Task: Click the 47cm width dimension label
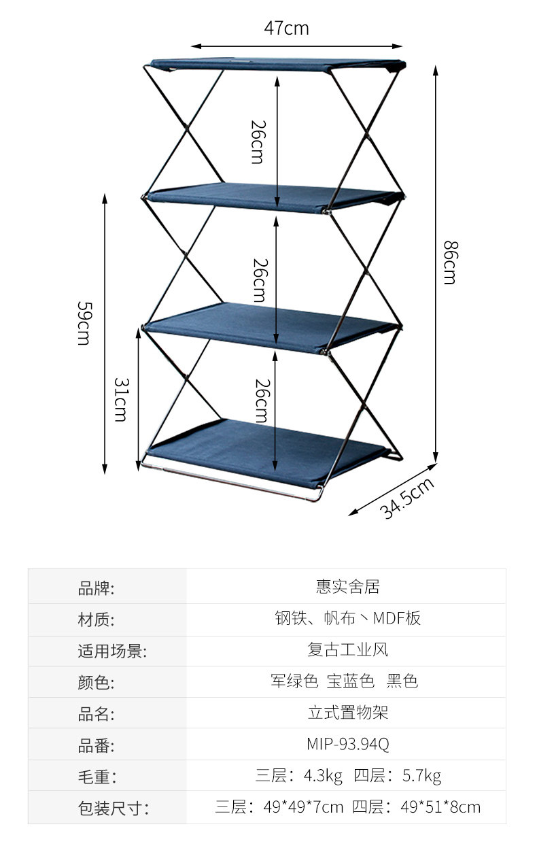[x=286, y=29]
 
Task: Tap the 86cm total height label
[x=451, y=262]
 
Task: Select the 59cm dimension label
[x=84, y=323]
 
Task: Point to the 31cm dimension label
[x=122, y=400]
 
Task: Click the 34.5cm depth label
[x=406, y=498]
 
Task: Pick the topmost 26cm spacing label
[x=259, y=142]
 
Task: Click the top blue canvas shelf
[x=277, y=65]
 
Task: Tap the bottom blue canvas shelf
[x=268, y=452]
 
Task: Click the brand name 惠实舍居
[x=348, y=586]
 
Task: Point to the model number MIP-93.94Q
[x=348, y=744]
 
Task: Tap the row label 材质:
[x=96, y=620]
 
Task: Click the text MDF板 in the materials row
[x=396, y=618]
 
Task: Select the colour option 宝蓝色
[x=351, y=681]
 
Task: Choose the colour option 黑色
[x=402, y=681]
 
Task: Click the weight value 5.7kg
[x=421, y=776]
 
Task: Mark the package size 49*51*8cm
[x=440, y=807]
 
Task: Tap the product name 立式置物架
[x=348, y=713]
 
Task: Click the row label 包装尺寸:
[x=113, y=809]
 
